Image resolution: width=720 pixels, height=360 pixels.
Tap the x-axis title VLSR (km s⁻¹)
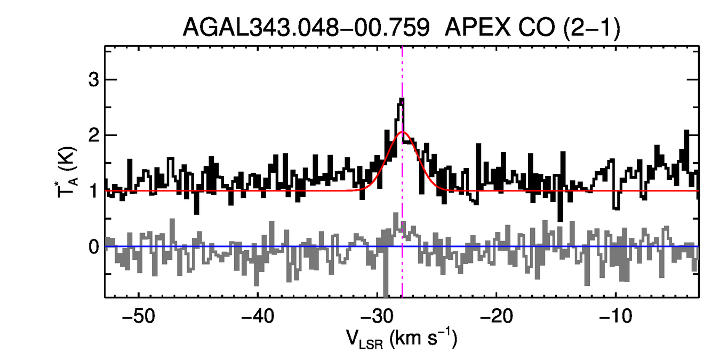tap(401, 339)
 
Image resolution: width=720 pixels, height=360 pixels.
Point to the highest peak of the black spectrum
tap(402, 99)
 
